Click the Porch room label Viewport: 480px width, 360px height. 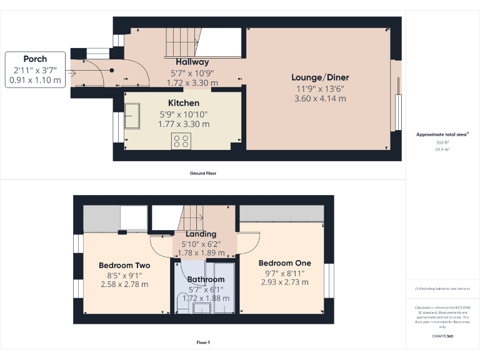coord(36,59)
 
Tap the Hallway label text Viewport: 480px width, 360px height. coord(192,62)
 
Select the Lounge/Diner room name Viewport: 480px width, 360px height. coord(320,77)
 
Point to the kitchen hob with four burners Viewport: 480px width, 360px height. coord(181,141)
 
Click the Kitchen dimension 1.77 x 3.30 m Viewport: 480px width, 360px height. coord(184,124)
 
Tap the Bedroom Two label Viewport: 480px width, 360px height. coord(124,266)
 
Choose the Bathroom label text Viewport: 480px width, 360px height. coord(206,279)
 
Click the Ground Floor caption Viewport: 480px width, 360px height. coord(203,173)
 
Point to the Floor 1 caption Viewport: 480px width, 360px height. coord(203,342)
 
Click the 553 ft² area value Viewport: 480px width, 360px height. coord(442,142)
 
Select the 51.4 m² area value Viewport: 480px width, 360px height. coord(442,149)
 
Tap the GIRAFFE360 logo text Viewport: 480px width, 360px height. coord(442,337)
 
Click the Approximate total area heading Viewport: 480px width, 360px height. coord(442,134)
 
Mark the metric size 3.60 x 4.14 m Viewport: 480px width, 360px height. coord(320,98)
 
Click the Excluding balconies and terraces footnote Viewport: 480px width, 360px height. coord(442,289)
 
